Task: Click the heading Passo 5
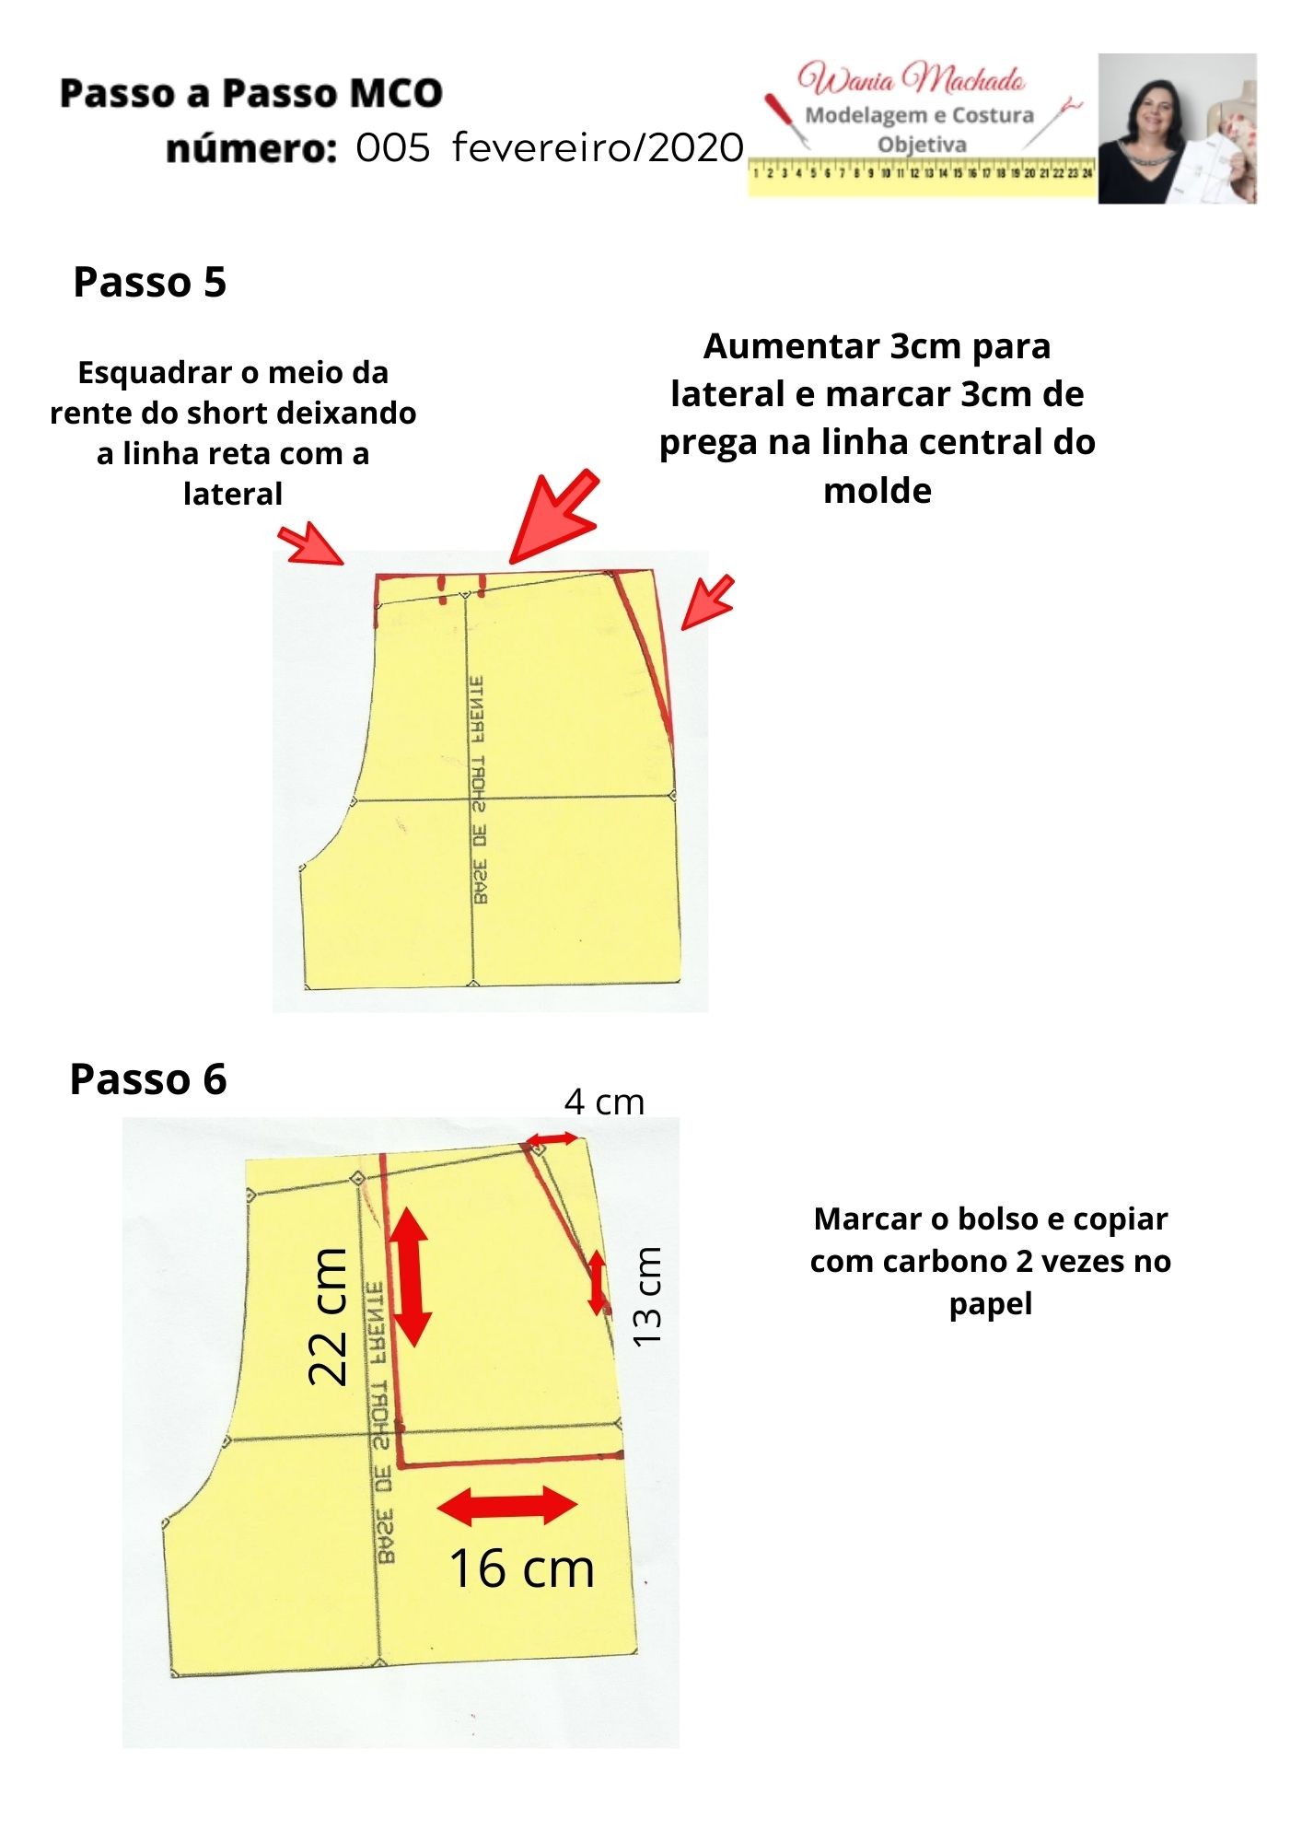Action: click(149, 282)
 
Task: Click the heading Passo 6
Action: click(148, 1078)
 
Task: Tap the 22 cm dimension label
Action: click(329, 1316)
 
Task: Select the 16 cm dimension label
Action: click(521, 1568)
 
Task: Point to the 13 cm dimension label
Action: click(647, 1296)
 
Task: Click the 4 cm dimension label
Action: click(604, 1102)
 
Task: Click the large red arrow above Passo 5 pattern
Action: click(553, 516)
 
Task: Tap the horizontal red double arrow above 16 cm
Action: click(507, 1506)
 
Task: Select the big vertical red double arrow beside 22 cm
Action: click(411, 1277)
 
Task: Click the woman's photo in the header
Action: click(1177, 128)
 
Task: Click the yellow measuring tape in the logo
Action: click(922, 175)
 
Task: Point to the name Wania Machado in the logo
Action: click(912, 79)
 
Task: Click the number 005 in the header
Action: click(393, 147)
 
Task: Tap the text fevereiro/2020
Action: click(599, 147)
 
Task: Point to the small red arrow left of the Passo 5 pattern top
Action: click(311, 543)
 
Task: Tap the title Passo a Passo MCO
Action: click(251, 93)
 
